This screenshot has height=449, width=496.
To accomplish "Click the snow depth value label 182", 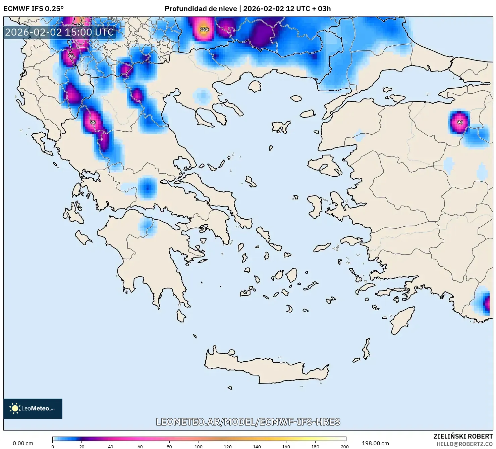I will [204, 29].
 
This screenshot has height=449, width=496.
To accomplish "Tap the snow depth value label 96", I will [460, 122].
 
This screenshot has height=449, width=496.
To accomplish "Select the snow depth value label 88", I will [93, 122].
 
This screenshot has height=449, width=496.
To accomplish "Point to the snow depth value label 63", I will [71, 55].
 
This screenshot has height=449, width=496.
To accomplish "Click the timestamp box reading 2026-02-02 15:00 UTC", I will [60, 32].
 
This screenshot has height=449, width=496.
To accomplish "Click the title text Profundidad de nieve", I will [201, 8].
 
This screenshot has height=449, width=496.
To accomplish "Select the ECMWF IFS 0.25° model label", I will [34, 8].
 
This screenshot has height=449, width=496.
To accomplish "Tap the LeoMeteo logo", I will [33, 408].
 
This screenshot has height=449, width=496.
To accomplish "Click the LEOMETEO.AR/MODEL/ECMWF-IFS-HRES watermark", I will [248, 422].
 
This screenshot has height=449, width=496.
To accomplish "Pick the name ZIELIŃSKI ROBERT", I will [463, 436].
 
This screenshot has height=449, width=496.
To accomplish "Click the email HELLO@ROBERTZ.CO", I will [464, 444].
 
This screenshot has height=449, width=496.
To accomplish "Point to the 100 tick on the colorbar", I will [199, 446].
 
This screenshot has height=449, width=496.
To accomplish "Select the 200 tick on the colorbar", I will [345, 446].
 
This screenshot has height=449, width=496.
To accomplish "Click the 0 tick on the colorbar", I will [53, 446].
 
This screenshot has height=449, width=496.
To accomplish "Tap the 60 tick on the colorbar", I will [140, 446].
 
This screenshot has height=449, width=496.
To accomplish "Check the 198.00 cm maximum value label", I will [375, 443].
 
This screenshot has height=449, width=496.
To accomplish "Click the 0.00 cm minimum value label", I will [23, 443].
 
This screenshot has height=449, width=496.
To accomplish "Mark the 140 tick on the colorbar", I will [257, 446].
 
